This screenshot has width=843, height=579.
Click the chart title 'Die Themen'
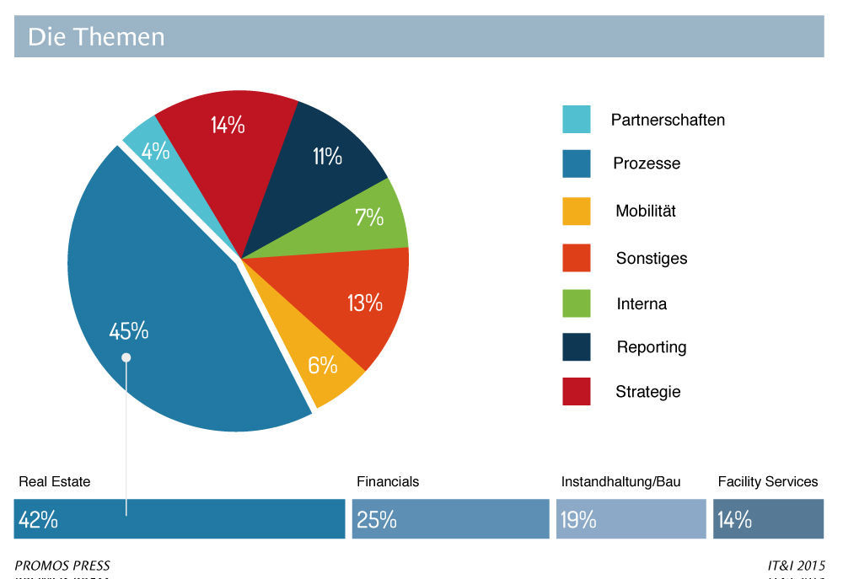pos(96,37)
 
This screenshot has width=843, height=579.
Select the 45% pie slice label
pos(129,331)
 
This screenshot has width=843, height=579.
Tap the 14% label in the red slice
pos(228,126)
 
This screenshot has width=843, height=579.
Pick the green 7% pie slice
pos(368,217)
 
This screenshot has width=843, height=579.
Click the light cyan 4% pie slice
pos(154,151)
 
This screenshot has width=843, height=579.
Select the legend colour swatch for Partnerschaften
pos(577,120)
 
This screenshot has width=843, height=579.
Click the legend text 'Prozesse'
pos(647,164)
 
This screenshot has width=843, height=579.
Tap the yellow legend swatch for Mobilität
pos(577,211)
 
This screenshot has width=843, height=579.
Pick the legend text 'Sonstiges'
pos(651,259)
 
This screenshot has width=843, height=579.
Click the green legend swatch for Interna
pos(577,303)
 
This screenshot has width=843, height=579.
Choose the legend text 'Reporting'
pos(652,347)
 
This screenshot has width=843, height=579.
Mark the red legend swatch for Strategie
pos(577,392)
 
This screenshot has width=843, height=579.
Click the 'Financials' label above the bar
pos(388,482)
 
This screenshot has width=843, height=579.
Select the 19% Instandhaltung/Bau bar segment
pos(631,519)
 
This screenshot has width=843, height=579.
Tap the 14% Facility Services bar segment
pos(768,519)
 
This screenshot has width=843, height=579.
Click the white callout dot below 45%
pos(126,357)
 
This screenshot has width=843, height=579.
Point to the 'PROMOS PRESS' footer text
pos(62,566)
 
